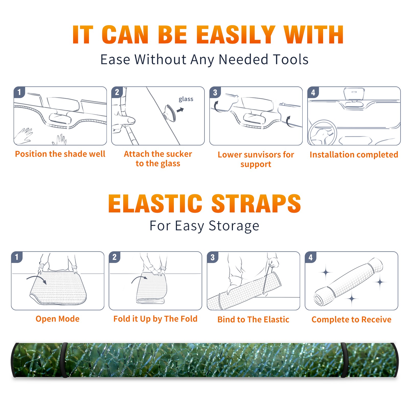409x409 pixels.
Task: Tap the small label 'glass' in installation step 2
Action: [x=186, y=99]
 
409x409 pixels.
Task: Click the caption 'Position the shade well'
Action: [x=60, y=154]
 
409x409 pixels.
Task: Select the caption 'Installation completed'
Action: [x=354, y=155]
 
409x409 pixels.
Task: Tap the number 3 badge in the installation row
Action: [x=215, y=92]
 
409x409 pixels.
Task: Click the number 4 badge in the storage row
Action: [x=311, y=257]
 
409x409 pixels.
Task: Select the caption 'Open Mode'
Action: [x=58, y=319]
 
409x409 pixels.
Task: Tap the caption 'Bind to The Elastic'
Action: [x=253, y=320]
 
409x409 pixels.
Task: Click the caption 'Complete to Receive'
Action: [x=351, y=320]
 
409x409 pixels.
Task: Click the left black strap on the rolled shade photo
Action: [x=64, y=360]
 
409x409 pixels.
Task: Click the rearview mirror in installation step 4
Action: [x=354, y=94]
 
